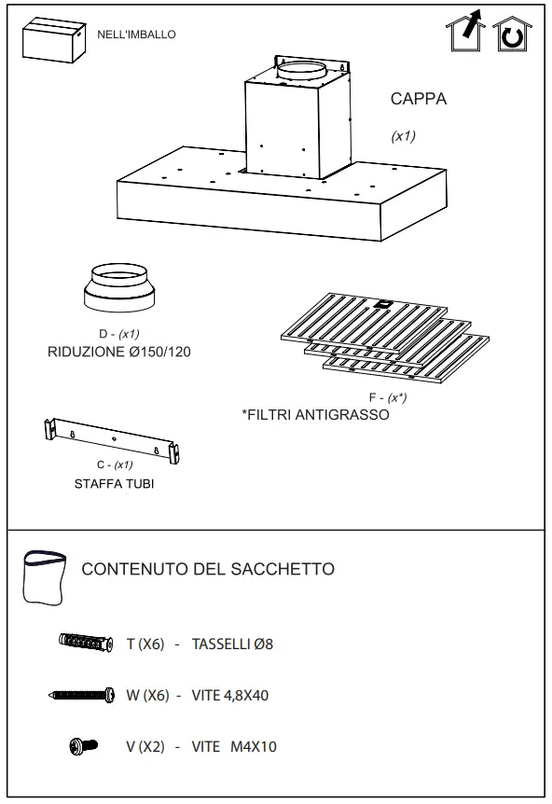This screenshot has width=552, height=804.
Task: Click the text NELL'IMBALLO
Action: pos(136,35)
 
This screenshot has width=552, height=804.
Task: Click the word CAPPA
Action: pos(418,100)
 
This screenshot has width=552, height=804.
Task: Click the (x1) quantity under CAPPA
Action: pos(403,136)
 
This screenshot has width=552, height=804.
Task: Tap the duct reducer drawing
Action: pos(118,290)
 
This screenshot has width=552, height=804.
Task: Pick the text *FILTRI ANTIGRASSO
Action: pos(315,414)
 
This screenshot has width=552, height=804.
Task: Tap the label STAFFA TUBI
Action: pos(114,484)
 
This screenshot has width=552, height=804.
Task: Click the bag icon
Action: pos(46,577)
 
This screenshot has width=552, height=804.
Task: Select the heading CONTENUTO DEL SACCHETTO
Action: pos(208,569)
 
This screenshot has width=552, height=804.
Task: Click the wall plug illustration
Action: pos(86,643)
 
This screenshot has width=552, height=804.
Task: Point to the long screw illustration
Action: pos(81,695)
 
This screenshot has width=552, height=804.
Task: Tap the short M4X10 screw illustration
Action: pos(83,746)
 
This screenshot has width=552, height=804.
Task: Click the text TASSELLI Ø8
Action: pos(232,645)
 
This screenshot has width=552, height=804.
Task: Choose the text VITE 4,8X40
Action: pos(230,696)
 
